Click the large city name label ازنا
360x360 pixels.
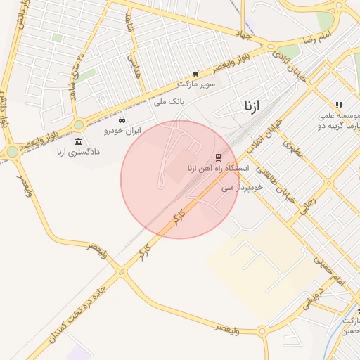[252, 107]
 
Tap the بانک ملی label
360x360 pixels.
[169, 102]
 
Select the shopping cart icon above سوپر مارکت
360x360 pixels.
[195, 73]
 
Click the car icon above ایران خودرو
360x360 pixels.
[122, 120]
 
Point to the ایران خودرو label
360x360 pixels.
[123, 131]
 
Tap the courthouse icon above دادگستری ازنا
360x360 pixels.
[77, 141]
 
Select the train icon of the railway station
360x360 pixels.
[218, 157]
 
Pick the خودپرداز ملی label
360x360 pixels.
[242, 188]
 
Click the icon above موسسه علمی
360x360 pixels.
[339, 105]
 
